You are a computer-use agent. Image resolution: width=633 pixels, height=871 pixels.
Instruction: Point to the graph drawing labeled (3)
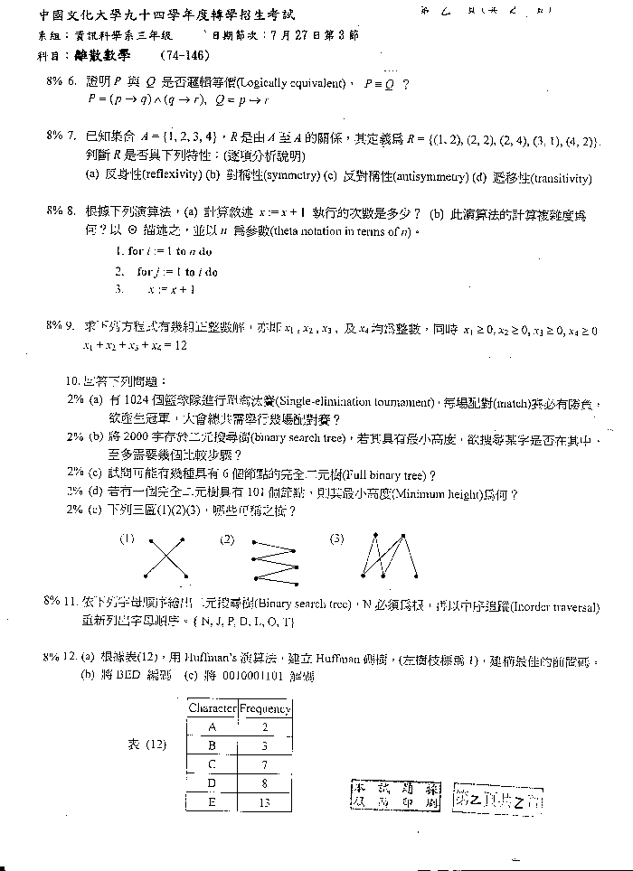pos(388,555)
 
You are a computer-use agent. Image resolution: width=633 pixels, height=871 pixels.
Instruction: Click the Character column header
pos(212,709)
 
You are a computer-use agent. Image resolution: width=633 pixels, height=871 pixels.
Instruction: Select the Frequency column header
pos(265,709)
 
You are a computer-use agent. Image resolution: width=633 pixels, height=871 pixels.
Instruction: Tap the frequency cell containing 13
pos(265,802)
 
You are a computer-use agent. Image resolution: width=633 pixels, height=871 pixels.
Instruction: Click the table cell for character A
pos(212,727)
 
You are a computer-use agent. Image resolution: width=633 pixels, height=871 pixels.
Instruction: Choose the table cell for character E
pos(212,802)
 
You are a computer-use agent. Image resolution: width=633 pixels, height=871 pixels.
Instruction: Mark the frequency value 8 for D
pos(265,783)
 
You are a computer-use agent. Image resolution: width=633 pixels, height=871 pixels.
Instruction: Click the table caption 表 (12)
pos(146,745)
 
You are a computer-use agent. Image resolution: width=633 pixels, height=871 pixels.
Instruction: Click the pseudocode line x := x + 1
pos(170,289)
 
